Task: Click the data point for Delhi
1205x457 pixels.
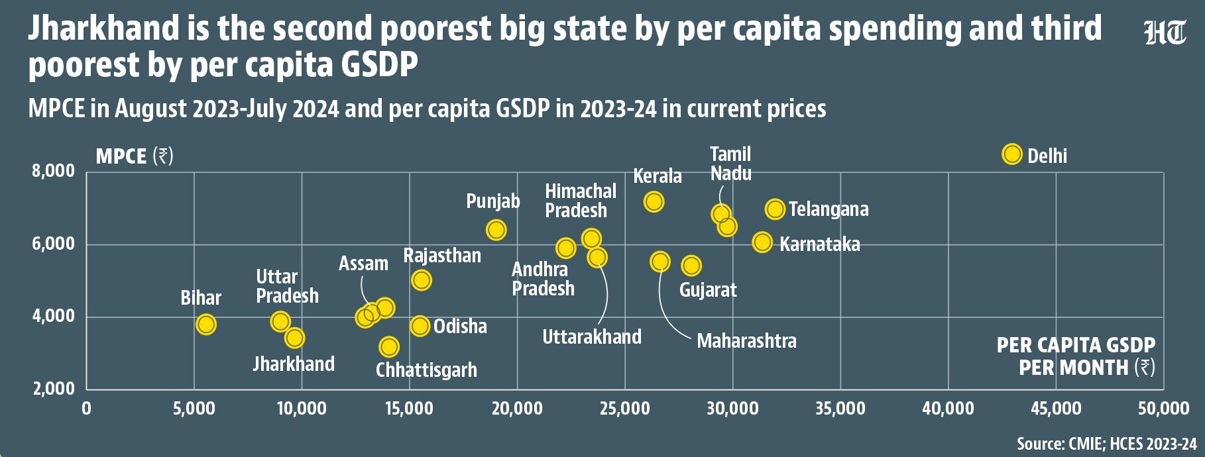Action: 1012,154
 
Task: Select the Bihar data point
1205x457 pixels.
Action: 206,325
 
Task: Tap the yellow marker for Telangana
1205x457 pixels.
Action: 775,209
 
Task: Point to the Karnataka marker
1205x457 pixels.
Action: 763,242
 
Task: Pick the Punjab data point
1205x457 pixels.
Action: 496,230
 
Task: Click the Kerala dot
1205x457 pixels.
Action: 654,201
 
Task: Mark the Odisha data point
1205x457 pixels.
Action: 420,326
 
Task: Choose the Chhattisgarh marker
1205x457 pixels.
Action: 389,346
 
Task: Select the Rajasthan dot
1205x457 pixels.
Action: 422,280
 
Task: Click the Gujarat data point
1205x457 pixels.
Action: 691,266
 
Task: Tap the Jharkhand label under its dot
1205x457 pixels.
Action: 294,364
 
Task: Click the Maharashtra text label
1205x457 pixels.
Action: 746,341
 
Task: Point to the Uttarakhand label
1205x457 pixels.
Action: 592,336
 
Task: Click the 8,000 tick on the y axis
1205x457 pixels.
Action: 54,171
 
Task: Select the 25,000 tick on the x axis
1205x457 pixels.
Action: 624,408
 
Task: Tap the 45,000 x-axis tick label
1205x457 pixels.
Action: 1056,408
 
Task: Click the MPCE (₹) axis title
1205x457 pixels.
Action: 135,156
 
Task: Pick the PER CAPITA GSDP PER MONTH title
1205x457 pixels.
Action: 1076,356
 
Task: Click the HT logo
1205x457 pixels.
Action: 1165,32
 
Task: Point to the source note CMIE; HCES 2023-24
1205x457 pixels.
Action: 1107,443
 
